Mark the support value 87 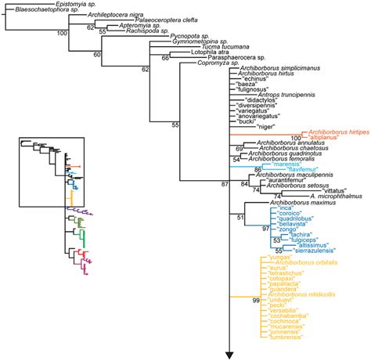pos(225,184)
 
